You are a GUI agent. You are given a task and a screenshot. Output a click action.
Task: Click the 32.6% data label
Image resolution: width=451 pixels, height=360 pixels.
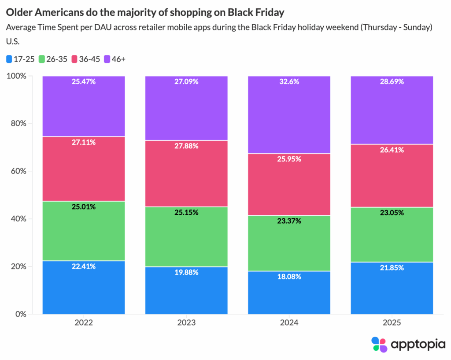289,81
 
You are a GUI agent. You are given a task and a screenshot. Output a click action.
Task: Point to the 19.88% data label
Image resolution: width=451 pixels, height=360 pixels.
186,272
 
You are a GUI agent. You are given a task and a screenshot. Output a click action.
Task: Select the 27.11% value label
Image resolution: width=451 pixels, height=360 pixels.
84,143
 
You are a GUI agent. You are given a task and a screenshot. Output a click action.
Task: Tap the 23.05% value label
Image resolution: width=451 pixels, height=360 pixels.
392,213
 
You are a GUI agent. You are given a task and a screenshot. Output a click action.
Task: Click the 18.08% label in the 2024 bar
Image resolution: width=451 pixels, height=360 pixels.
289,277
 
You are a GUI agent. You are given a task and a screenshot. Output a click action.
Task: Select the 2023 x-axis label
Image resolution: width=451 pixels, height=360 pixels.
186,323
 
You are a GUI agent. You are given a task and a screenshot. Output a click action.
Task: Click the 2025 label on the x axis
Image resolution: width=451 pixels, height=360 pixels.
392,323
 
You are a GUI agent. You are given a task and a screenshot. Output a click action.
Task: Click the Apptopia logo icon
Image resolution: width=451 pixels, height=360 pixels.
379,344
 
